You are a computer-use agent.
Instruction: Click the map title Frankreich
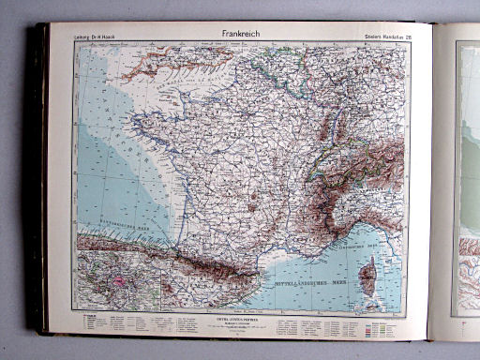[237, 34]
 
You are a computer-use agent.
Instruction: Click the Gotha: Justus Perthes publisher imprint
[245, 319]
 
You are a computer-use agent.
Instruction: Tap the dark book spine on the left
[38, 178]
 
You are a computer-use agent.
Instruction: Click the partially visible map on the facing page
[467, 178]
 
